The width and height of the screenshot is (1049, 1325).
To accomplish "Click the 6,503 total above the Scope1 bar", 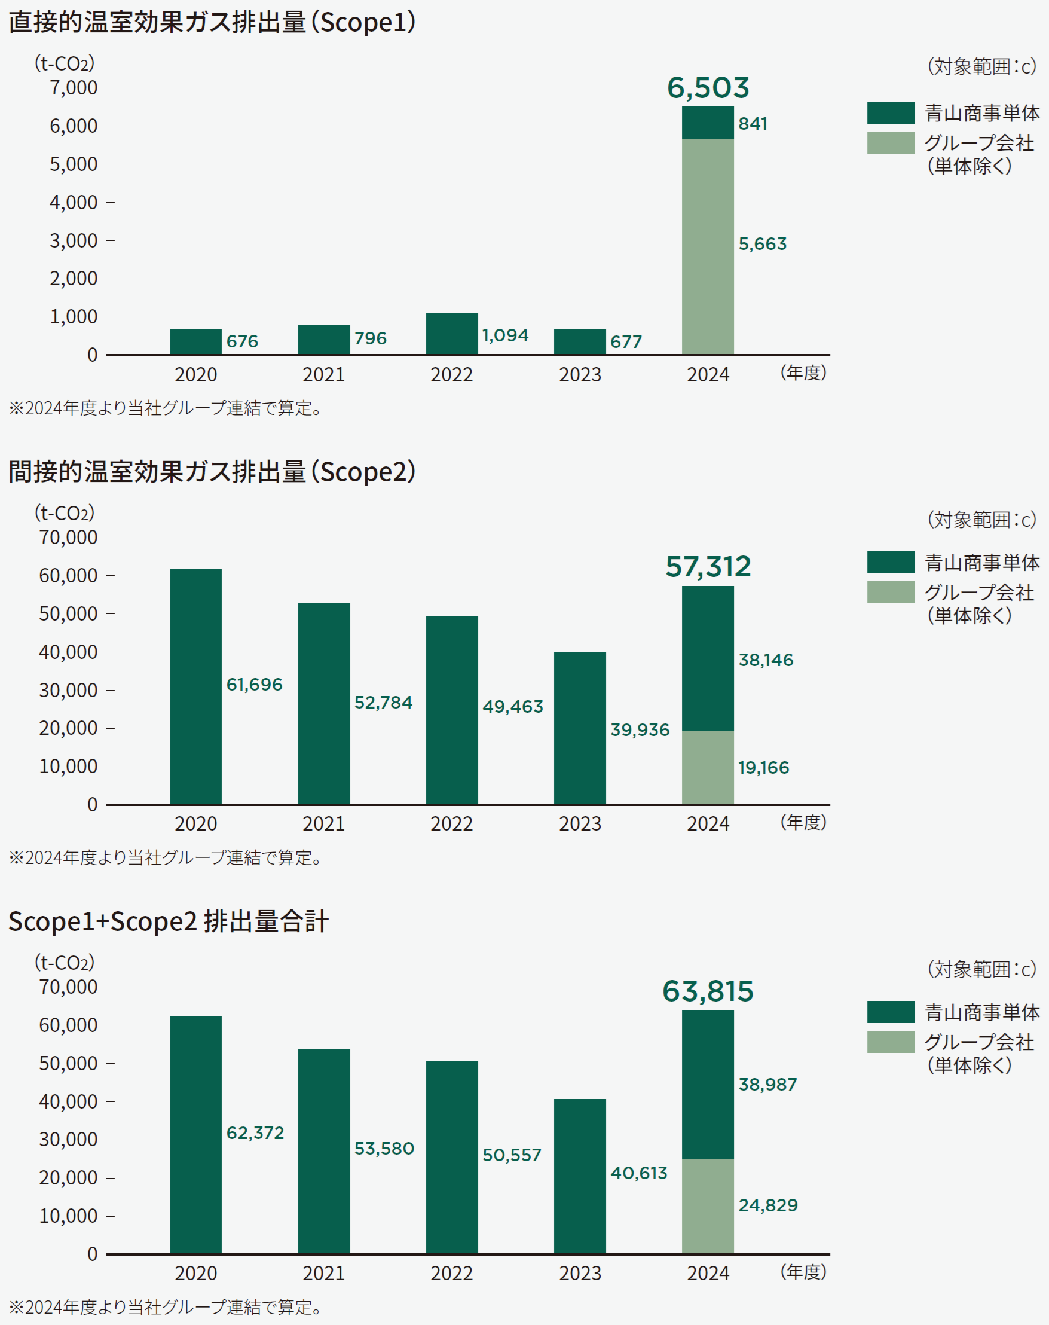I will coord(708,88).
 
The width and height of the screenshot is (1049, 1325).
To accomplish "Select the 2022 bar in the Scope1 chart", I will coord(451,334).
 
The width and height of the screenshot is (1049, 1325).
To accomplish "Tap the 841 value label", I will coord(753,123).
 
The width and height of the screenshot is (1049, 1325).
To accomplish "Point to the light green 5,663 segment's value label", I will coord(762,244).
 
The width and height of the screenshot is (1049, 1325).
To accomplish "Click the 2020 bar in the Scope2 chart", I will coord(195,686).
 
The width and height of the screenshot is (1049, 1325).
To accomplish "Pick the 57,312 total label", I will coord(708,566).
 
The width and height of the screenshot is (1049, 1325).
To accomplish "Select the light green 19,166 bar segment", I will coord(708,767).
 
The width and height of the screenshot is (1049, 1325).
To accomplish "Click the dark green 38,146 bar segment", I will coord(708,658).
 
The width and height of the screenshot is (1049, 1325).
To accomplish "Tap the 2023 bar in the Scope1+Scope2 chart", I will coord(579,1176).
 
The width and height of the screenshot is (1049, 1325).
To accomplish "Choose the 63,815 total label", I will coord(708,991).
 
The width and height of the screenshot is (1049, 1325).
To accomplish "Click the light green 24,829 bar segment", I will coord(708,1206).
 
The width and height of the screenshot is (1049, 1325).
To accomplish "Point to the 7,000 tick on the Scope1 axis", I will coord(74,88).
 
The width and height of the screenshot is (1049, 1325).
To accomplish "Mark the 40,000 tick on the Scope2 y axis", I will coord(68,652).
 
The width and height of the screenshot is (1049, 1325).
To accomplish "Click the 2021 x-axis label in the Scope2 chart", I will coord(324,824).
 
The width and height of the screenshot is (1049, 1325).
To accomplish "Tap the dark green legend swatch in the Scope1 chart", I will coord(890,113).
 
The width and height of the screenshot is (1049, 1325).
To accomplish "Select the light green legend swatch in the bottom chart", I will coord(890,1042).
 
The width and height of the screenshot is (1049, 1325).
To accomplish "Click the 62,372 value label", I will coord(255,1132).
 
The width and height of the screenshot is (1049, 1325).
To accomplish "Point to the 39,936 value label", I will coord(640,729).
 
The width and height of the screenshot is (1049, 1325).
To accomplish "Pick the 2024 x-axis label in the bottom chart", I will coord(708,1274).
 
